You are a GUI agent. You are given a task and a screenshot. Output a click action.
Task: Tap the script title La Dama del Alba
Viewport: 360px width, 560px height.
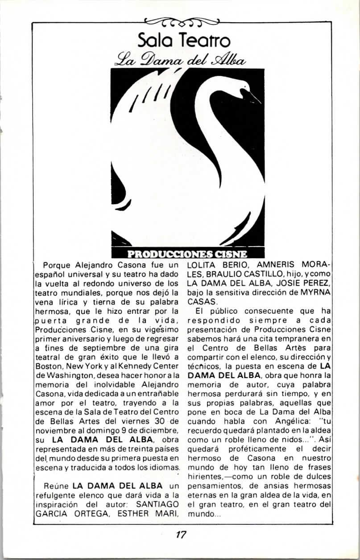pos(180,59)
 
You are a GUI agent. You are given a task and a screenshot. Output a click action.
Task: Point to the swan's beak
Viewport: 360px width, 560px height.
pos(254,95)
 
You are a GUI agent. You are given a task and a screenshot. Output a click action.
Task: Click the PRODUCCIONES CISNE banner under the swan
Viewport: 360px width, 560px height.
pos(187,255)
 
